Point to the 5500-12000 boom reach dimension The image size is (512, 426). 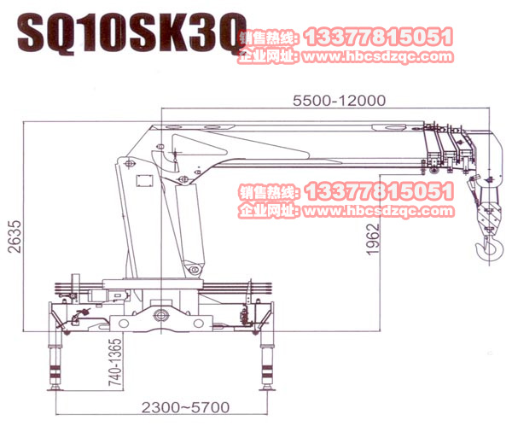coord(339,100)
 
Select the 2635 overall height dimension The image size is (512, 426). coord(13,231)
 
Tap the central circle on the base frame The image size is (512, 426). coord(160,317)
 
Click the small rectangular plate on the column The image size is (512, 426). coord(141,181)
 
